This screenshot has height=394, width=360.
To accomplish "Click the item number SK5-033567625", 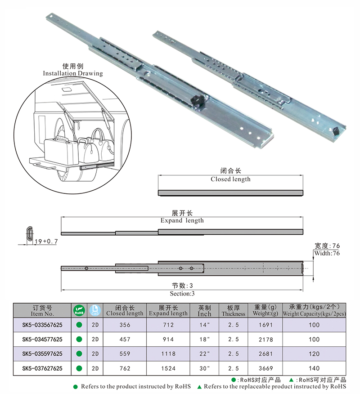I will tap(42, 325).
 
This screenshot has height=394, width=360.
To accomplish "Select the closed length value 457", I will tap(125, 339).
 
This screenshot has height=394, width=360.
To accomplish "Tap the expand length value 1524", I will tap(168, 368).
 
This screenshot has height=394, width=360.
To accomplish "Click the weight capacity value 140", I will tap(314, 368).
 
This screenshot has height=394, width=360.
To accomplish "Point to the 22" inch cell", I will tap(204, 354).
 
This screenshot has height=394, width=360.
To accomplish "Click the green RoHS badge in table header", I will tap(79, 310).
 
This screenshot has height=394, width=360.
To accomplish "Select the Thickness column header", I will tap(233, 310).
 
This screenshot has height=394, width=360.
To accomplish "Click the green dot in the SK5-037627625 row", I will tap(79, 368).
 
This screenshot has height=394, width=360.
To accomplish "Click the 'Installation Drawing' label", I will tap(72, 73).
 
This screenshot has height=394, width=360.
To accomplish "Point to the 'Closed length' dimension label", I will tap(230, 179).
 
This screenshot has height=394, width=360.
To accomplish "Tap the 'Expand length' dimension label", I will tap(182, 220).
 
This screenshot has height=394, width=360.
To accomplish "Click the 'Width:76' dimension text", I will tap(327, 254).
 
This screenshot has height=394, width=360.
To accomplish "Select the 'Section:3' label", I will tap(182, 293).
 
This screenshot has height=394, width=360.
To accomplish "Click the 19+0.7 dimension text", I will tap(45, 242).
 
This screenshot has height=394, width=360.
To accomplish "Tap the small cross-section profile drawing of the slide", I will tap(29, 234).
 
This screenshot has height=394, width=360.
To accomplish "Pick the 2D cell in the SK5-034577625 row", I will tap(95, 339).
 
